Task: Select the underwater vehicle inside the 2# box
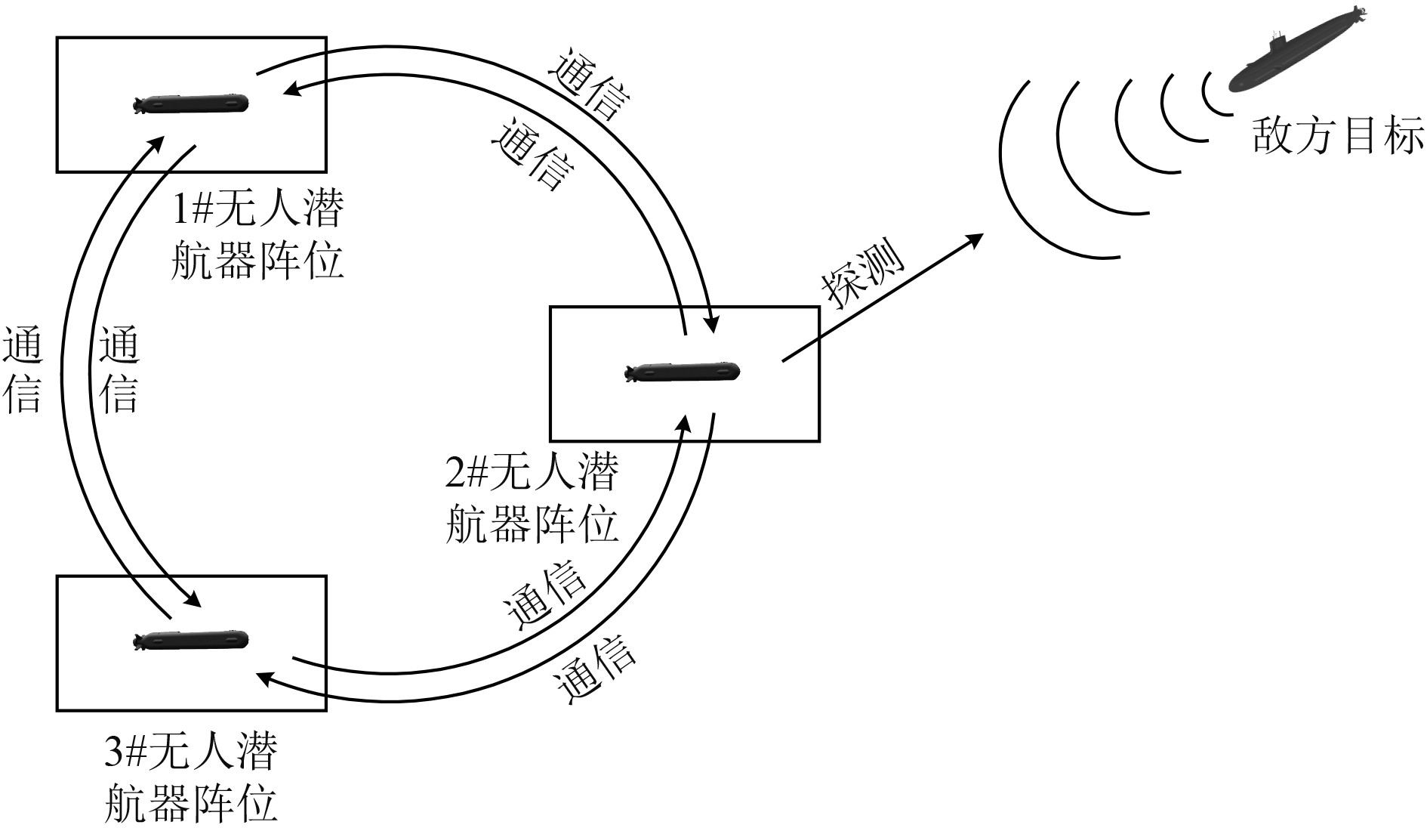[x=683, y=372]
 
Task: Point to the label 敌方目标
[x=1337, y=137]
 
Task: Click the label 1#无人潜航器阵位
[x=257, y=235]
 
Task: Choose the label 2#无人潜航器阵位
[x=532, y=499]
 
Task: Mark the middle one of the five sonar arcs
[x=1125, y=144]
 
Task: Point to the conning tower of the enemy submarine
[x=1278, y=39]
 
